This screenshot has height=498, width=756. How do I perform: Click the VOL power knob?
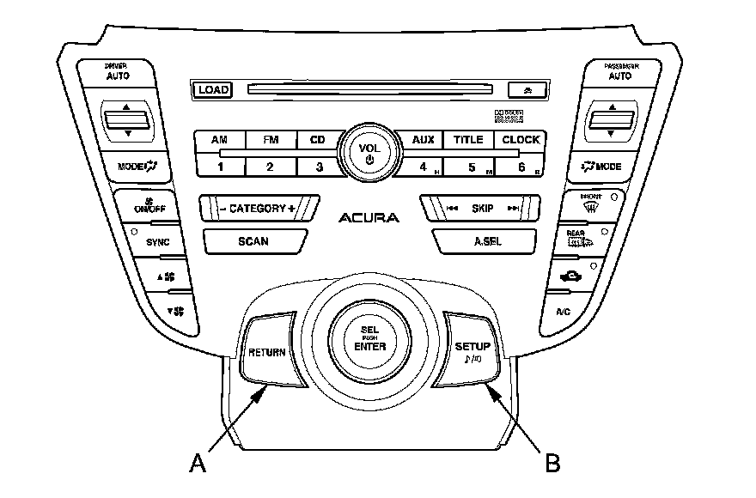click(369, 152)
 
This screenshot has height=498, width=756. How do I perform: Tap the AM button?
click(220, 140)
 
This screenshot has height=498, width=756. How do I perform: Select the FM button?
click(269, 140)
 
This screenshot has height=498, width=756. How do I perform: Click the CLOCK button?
click(521, 140)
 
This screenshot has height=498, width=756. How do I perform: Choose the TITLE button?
click(468, 140)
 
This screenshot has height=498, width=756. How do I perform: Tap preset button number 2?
click(269, 166)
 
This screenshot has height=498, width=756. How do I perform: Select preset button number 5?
click(472, 166)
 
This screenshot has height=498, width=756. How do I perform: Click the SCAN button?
click(253, 241)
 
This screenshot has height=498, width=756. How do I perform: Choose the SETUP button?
click(472, 351)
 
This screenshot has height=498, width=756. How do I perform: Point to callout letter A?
click(198, 463)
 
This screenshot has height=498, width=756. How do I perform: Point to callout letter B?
click(552, 463)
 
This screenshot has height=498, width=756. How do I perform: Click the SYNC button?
click(157, 242)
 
